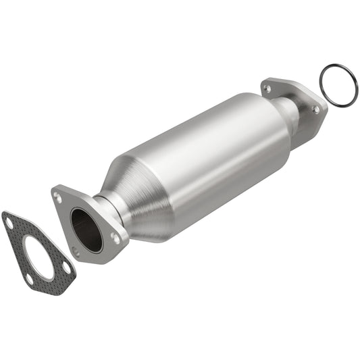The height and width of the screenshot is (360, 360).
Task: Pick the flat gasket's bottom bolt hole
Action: (29, 278)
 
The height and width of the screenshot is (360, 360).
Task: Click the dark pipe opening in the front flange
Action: (86, 230)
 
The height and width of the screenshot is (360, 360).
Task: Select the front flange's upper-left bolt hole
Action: (59, 198)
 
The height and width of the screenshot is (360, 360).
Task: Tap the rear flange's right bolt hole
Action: (315, 109)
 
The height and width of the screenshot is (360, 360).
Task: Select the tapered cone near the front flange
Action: (145, 203)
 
